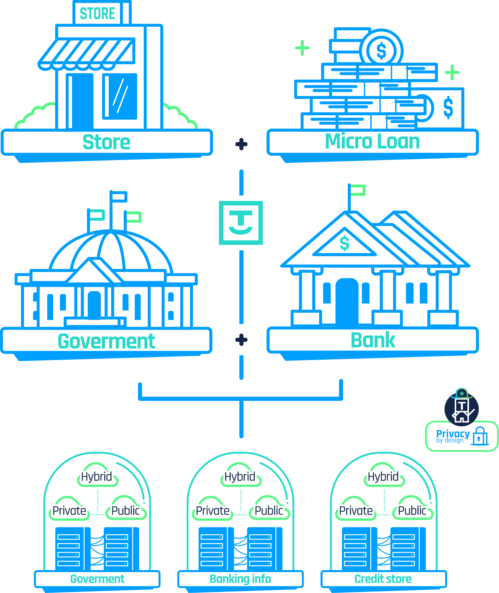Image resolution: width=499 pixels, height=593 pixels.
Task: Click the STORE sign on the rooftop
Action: [x=98, y=14]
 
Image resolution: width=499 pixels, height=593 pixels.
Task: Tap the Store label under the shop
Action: [x=106, y=142]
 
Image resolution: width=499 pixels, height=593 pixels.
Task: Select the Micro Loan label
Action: [x=372, y=141]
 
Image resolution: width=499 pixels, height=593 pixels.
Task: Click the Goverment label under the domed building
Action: [x=106, y=341]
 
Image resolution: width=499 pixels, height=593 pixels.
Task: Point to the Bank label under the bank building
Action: [x=373, y=340]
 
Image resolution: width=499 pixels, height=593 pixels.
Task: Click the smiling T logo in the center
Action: [x=241, y=223]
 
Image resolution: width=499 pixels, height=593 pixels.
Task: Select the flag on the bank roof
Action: [x=357, y=190]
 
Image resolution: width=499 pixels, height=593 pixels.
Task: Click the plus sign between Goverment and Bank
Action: [x=241, y=340]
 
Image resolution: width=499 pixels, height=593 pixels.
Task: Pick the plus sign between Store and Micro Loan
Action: [x=241, y=144]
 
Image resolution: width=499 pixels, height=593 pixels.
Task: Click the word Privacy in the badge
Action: [x=453, y=433]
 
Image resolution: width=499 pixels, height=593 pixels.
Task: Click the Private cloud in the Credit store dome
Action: [x=356, y=511]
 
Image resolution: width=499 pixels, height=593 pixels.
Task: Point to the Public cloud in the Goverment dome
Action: [x=126, y=511]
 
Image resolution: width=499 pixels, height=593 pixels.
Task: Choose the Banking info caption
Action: [x=240, y=579]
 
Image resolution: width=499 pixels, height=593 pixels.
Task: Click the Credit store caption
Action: [x=383, y=579]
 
